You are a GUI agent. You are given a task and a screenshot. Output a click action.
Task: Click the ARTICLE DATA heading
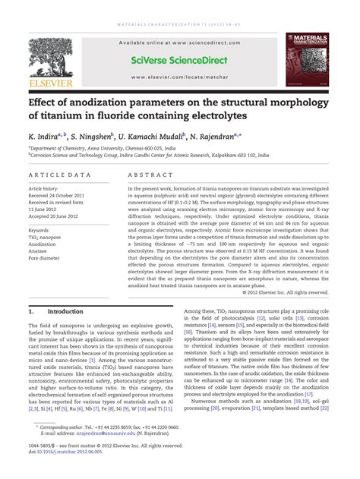pyautogui.click(x=54, y=175)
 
